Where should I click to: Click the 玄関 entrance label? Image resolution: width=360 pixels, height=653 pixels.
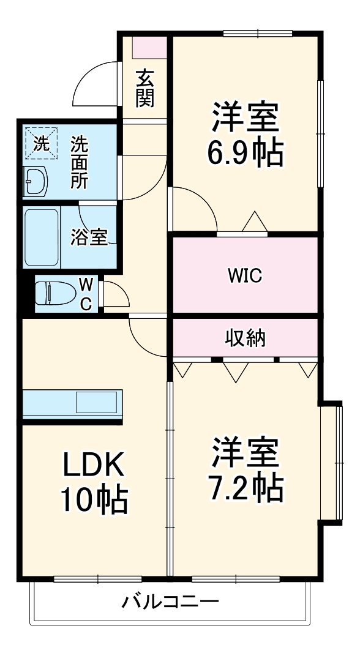[x=144, y=88]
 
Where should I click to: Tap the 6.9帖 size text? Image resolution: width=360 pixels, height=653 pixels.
[x=245, y=153]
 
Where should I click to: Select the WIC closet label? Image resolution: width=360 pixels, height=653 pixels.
[x=245, y=276]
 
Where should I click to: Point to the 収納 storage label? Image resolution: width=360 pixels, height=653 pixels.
[x=245, y=337]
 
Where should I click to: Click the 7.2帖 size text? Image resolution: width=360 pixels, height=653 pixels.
[x=245, y=487]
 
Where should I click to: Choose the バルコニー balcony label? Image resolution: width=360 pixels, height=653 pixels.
[x=170, y=601]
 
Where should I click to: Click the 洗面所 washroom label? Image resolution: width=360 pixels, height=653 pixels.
[x=79, y=162]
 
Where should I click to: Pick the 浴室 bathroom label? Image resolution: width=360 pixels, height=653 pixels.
[x=89, y=237]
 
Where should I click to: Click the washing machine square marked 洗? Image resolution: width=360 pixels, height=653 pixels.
[x=40, y=144]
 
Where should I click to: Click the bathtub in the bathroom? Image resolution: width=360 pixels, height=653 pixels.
[x=42, y=237]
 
